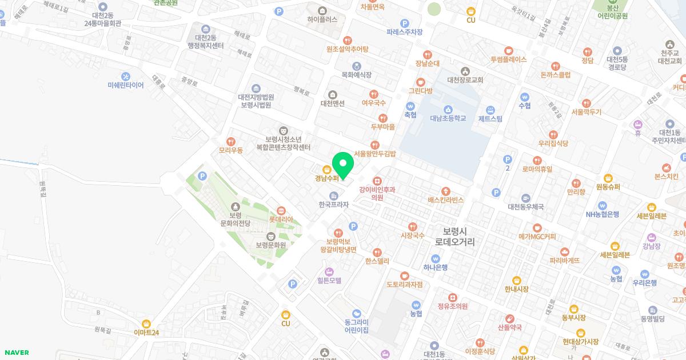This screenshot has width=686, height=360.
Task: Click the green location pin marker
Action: point(343,165)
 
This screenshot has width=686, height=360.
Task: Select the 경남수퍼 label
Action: point(326,178)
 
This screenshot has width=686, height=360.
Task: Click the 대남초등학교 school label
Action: point(448,118)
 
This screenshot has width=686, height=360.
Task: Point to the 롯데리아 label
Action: point(281,219)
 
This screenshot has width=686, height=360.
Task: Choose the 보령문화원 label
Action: point(270,245)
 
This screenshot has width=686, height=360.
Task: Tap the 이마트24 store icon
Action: point(146,323)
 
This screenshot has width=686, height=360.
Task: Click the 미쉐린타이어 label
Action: point(126,85)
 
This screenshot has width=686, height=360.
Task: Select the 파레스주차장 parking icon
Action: point(404,23)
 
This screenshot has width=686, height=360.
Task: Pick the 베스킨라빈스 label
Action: point(446,200)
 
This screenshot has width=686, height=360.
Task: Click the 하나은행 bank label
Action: point(436,267)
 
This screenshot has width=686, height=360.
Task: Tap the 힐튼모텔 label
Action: point(329,281)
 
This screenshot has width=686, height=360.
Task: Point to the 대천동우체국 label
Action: point(525,206)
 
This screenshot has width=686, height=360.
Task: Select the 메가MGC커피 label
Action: point(537,236)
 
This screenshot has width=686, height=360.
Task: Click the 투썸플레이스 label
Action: point(508,59)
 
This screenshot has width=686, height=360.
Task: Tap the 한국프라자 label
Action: point(334,204)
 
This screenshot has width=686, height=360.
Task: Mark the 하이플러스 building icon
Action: point(322,10)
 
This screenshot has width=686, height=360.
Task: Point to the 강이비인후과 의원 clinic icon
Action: point(377,181)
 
